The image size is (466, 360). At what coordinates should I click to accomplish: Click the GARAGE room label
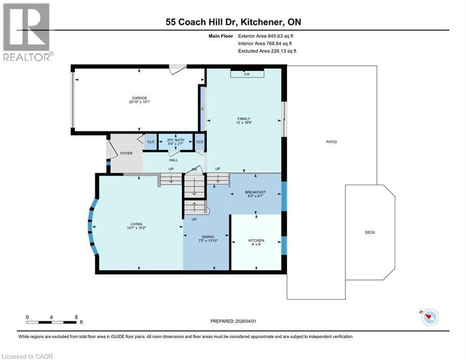click(x=140, y=98)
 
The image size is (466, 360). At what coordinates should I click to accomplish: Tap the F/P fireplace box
click(x=247, y=73)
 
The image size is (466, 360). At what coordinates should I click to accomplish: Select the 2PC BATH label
click(x=175, y=140)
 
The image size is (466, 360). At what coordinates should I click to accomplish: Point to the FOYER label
click(x=126, y=153)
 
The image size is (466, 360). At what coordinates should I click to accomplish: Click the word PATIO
click(x=332, y=142)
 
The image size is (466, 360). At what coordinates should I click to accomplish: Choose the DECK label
click(x=370, y=232)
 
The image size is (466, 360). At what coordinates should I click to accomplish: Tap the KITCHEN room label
click(x=256, y=240)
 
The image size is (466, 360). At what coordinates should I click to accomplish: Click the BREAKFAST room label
click(x=255, y=192)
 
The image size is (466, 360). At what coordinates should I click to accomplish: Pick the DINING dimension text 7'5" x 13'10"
click(x=208, y=240)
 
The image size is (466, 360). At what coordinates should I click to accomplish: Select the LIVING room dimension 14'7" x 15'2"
click(x=136, y=228)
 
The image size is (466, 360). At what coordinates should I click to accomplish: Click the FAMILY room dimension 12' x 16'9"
click(x=244, y=123)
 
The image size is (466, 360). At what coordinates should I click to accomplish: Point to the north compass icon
click(x=430, y=317)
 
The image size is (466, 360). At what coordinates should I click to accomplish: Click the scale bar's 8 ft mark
click(x=76, y=317)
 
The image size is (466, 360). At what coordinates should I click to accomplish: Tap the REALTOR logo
click(x=27, y=32)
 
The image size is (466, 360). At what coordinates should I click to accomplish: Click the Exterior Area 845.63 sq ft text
click(x=266, y=36)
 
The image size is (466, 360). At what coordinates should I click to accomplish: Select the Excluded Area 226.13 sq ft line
click(x=267, y=51)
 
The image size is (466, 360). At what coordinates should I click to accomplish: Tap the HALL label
click(x=174, y=160)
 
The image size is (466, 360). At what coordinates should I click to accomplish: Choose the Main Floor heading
click(x=221, y=36)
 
